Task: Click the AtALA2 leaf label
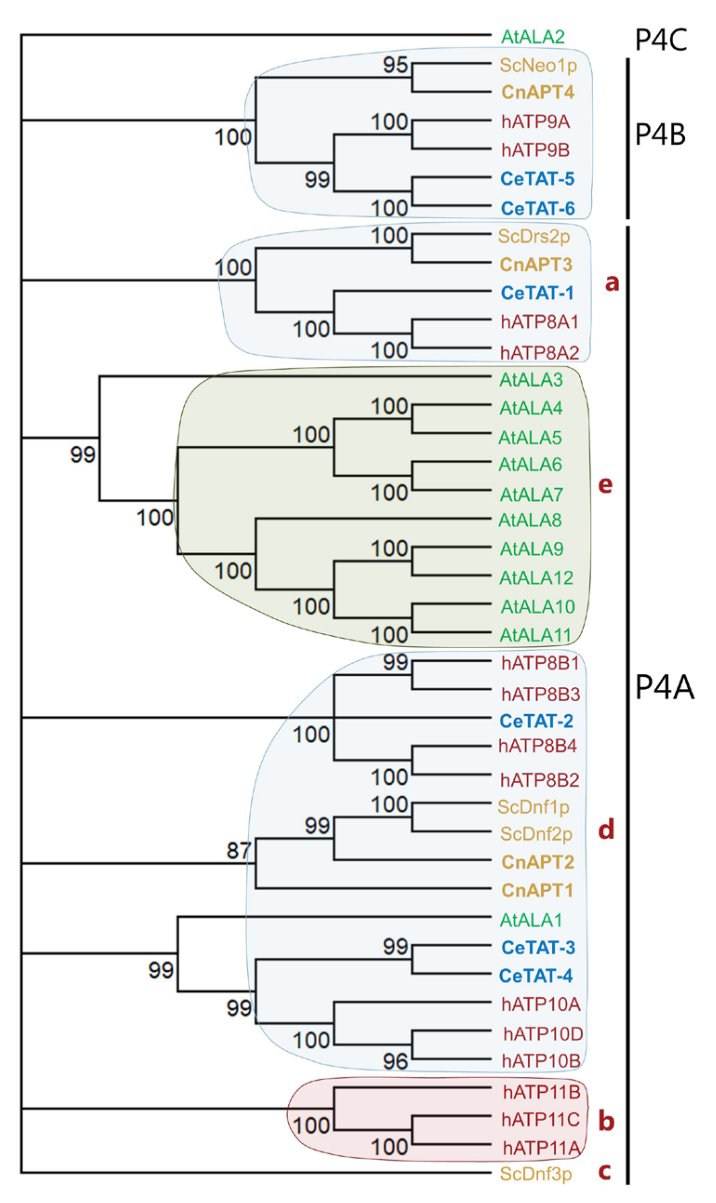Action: click(x=533, y=37)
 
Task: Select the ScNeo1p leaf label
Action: click(x=538, y=65)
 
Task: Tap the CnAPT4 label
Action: click(x=537, y=92)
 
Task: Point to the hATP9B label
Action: click(x=536, y=150)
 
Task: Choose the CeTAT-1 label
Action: click(x=537, y=293)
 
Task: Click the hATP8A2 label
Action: click(x=539, y=353)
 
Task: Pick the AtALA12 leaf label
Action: click(x=536, y=578)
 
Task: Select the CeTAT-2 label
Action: click(x=536, y=721)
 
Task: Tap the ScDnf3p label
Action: click(x=536, y=1174)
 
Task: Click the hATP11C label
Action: click(x=540, y=1119)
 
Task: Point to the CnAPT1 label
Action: click(x=537, y=890)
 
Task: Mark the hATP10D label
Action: click(x=543, y=1034)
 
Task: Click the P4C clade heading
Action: click(x=661, y=40)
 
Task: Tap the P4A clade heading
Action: click(x=664, y=687)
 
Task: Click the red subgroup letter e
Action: click(x=605, y=484)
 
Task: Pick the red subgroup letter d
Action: click(x=606, y=830)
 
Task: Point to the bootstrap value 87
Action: click(x=239, y=850)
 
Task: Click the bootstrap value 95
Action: click(x=395, y=65)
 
